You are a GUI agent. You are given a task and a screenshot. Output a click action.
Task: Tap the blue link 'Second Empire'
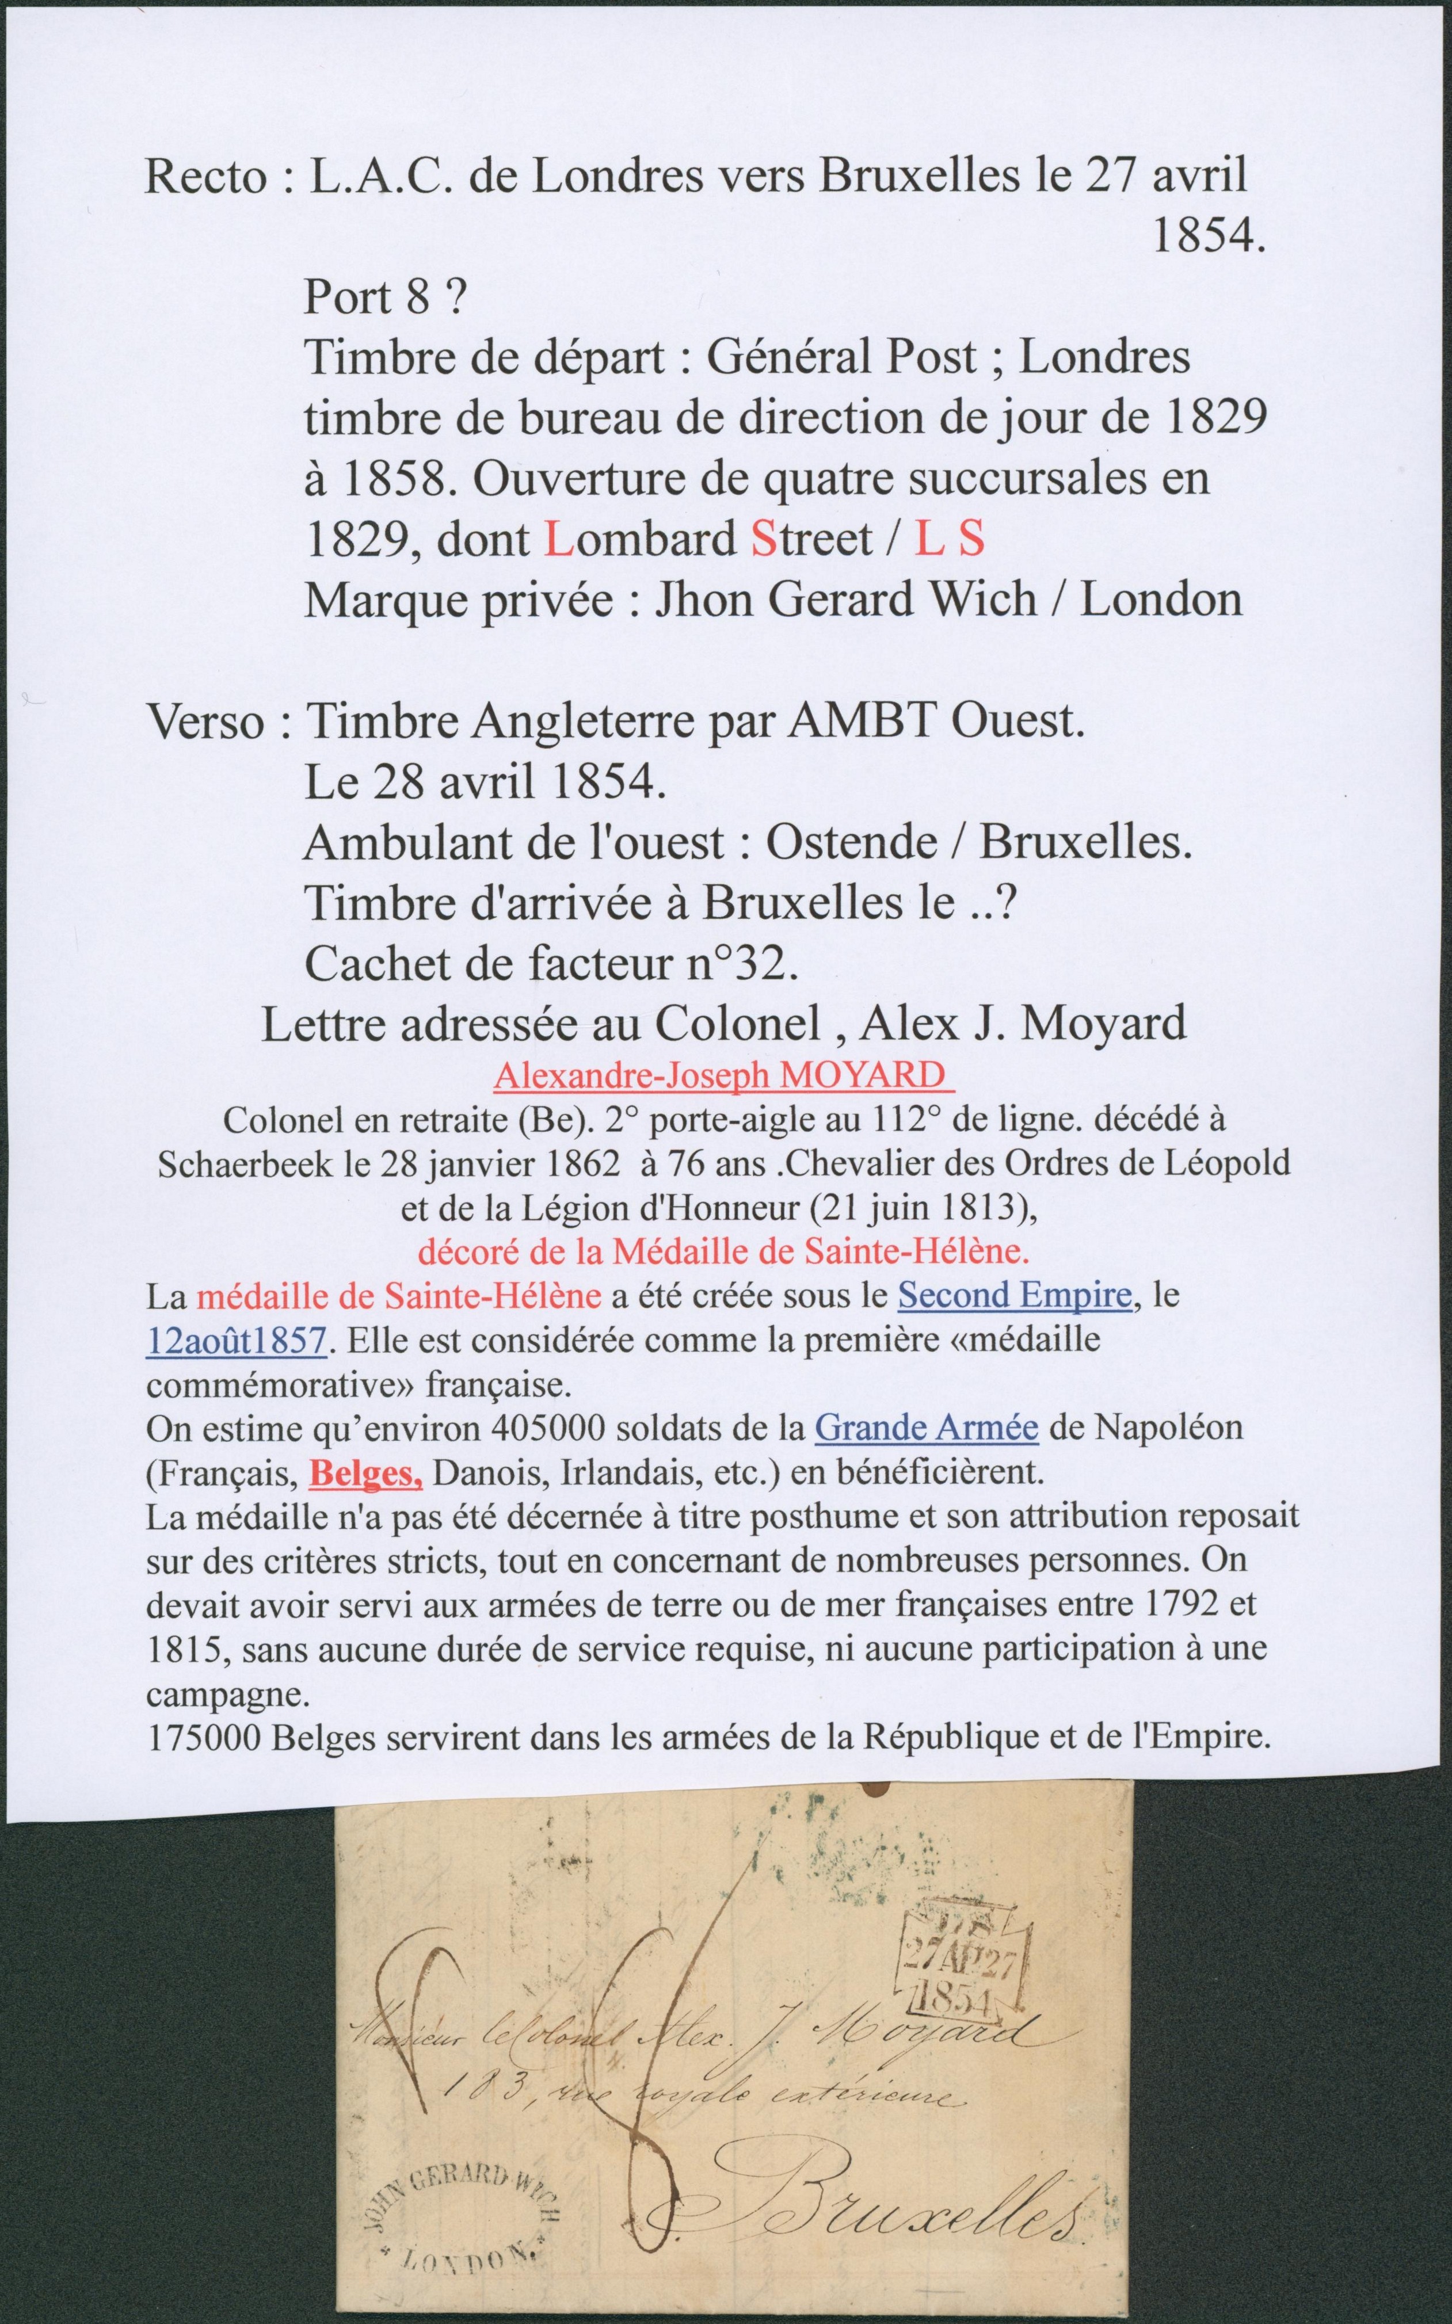coord(1015,1295)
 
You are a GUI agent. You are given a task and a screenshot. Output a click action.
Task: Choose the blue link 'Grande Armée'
coord(927,1428)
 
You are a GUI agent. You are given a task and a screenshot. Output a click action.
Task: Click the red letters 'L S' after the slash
coord(950,540)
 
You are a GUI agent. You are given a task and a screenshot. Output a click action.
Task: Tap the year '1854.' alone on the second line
coord(1206,236)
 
